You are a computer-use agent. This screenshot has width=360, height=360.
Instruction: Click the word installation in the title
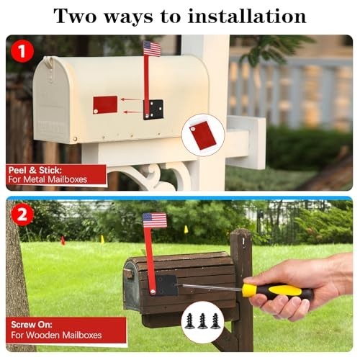(x=242, y=15)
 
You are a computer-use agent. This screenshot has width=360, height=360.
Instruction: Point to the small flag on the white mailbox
(x=152, y=48)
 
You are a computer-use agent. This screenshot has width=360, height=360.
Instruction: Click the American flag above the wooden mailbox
(x=154, y=220)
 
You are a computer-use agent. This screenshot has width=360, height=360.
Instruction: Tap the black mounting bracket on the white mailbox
(x=153, y=109)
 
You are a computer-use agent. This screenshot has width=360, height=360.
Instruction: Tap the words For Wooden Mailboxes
(x=56, y=335)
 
